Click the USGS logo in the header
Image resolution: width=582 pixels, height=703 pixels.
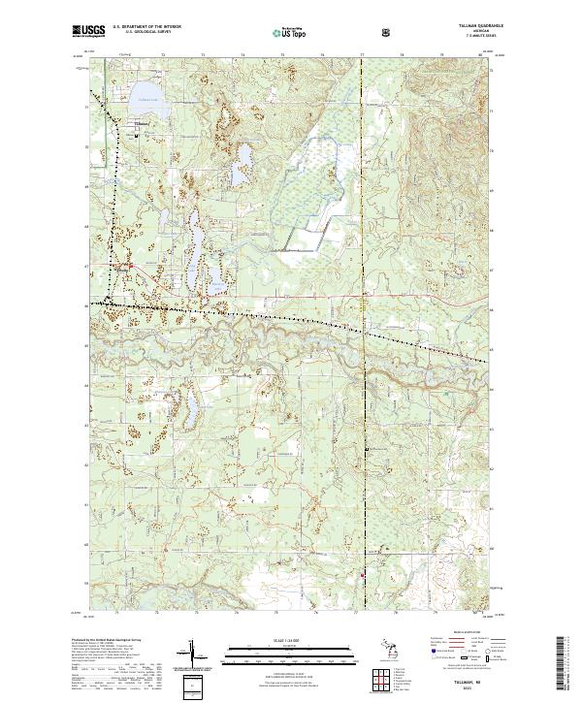pyautogui.click(x=88, y=30)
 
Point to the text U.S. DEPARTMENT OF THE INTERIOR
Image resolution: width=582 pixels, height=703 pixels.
pyautogui.click(x=146, y=26)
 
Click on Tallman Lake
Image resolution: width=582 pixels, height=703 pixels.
pyautogui.click(x=146, y=104)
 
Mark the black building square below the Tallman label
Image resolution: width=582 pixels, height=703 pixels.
pyautogui.click(x=137, y=136)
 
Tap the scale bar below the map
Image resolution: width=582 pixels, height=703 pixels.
pyautogui.click(x=291, y=655)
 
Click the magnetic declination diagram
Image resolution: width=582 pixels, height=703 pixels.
pyautogui.click(x=194, y=659)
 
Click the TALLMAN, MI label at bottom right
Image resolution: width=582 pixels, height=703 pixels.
pyautogui.click(x=469, y=678)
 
